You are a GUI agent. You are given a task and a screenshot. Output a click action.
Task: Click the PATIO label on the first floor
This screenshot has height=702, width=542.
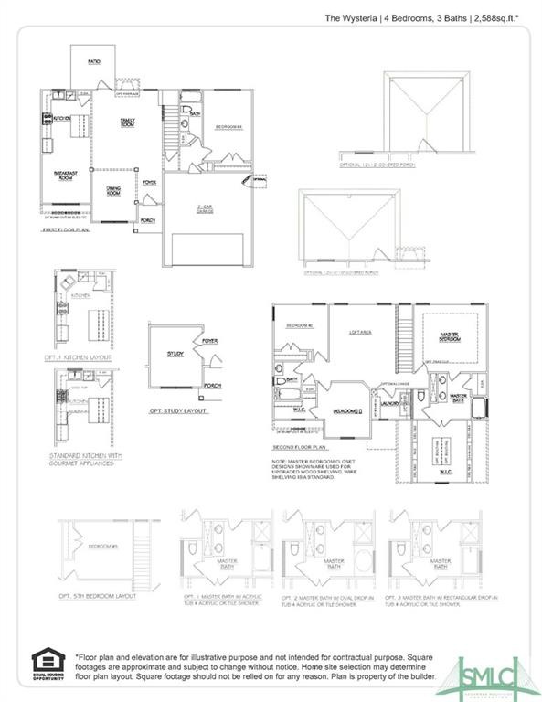point(93,62)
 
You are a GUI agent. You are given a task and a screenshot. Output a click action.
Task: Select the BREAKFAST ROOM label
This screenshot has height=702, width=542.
point(64,175)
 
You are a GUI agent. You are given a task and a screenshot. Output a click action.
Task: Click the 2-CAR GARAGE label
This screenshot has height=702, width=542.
point(203,209)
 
